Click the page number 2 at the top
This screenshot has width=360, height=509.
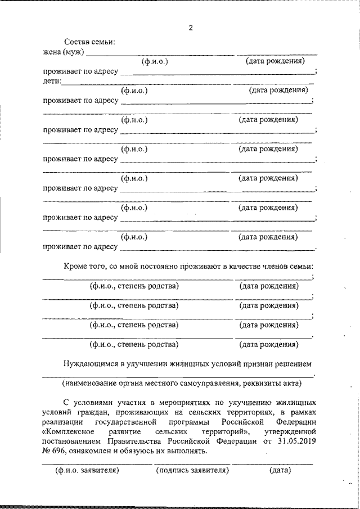click(191, 28)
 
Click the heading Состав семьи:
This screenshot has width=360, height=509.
click(89, 43)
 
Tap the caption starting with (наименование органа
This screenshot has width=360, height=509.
click(182, 384)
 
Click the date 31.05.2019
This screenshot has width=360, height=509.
click(296, 441)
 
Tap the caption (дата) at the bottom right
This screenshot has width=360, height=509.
click(280, 470)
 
